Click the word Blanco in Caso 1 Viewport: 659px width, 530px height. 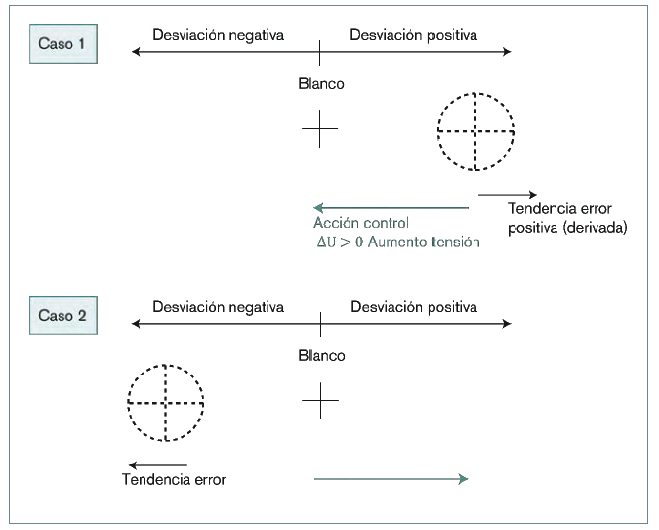(x=320, y=84)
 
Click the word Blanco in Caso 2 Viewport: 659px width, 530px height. (x=320, y=356)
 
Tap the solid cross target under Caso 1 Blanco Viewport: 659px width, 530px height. (x=320, y=129)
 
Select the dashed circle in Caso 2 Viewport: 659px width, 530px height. (x=166, y=402)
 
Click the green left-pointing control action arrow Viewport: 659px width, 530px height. (x=391, y=207)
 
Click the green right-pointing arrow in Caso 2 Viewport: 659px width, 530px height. (x=391, y=478)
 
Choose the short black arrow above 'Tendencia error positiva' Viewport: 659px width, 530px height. (x=507, y=194)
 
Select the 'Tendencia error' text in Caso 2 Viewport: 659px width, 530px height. (x=173, y=480)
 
